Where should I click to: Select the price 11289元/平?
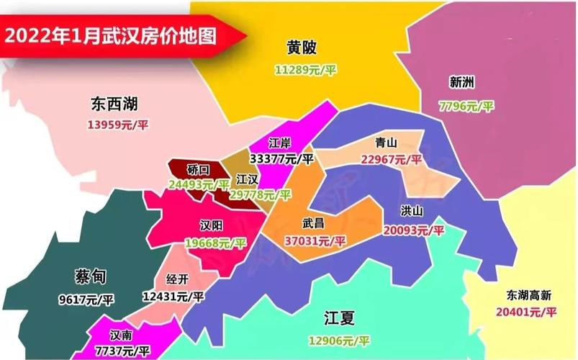point(306,70)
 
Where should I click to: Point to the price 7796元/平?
point(466,106)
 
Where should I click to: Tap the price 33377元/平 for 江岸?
point(281,158)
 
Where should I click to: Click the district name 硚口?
point(198,169)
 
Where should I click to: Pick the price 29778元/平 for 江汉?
point(260,195)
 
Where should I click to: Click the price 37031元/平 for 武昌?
point(315,240)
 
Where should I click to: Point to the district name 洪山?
point(414,211)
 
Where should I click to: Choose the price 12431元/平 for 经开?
point(173,296)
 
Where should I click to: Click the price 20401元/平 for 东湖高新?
point(526,312)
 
